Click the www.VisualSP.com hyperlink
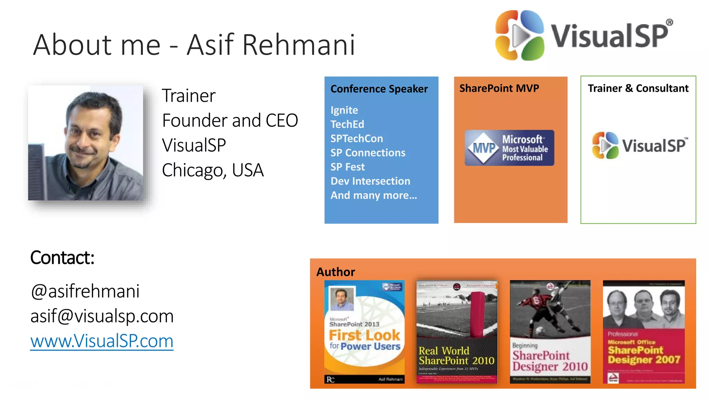(x=102, y=341)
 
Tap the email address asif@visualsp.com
(x=102, y=316)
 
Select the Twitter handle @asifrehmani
(x=85, y=291)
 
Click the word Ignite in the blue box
(x=344, y=110)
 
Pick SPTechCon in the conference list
(x=357, y=139)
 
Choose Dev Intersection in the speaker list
(x=370, y=181)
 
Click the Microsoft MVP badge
(x=509, y=148)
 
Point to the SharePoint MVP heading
(x=499, y=88)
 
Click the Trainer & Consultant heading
(x=638, y=88)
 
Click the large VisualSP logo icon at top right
(x=519, y=35)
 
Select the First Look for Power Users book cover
(x=364, y=331)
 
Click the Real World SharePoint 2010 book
(x=457, y=331)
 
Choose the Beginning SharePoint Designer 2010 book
(x=550, y=331)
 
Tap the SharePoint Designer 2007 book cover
(x=644, y=331)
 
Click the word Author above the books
(x=335, y=272)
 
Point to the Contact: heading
(x=62, y=258)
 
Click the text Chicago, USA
(x=213, y=170)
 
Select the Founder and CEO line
(x=230, y=121)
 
